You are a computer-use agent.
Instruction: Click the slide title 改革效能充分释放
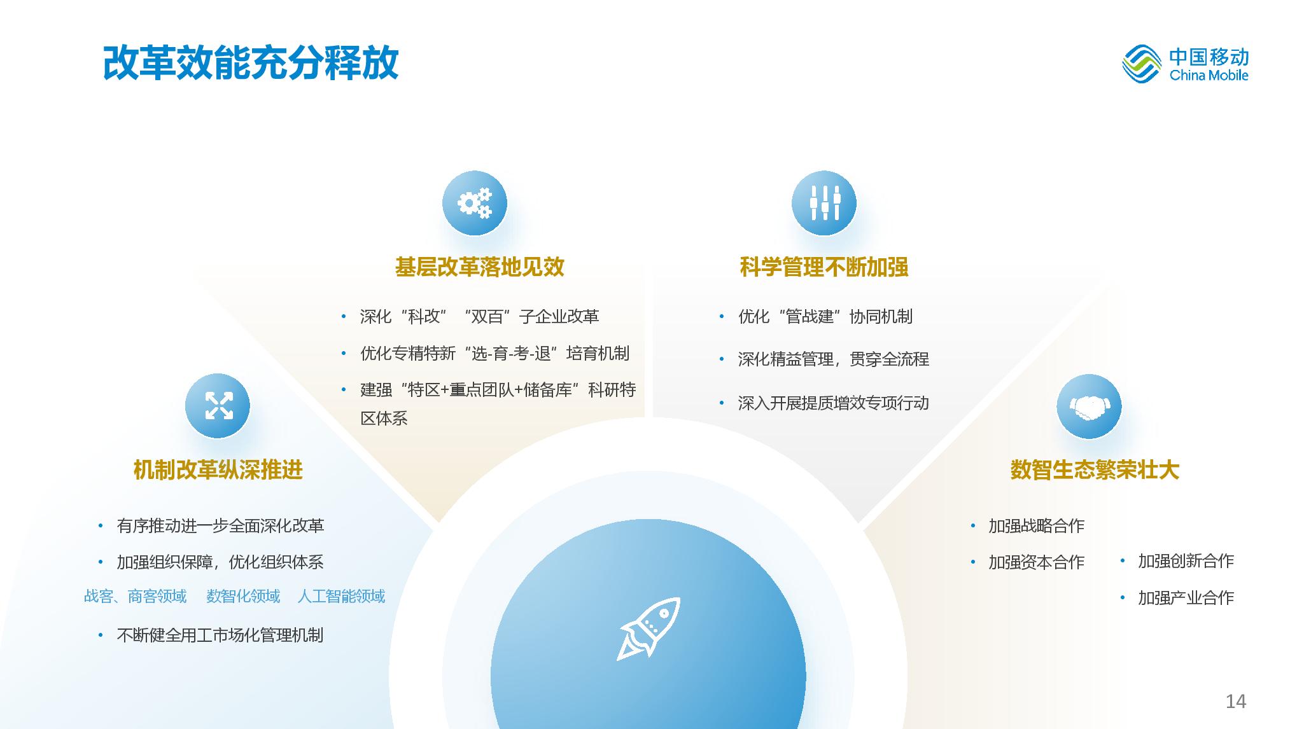point(251,62)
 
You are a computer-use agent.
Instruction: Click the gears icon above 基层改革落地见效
point(475,203)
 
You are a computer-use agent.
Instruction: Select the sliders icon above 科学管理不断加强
point(824,203)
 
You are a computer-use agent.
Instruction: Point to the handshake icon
point(1089,406)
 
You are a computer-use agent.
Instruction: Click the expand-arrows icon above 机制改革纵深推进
point(218,406)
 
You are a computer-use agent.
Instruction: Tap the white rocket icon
point(648,628)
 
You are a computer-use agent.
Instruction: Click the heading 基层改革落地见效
point(480,267)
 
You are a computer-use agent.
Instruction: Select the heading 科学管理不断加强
point(824,267)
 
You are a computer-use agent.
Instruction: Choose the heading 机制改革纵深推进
point(218,470)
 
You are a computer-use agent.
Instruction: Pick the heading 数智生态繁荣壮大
point(1095,470)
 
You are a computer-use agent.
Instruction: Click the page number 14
point(1236,701)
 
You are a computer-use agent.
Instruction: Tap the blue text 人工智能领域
point(342,596)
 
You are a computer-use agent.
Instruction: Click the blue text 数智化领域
point(243,596)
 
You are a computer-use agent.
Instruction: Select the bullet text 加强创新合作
point(1186,561)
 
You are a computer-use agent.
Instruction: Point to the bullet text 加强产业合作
point(1186,598)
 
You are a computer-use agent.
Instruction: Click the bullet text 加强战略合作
point(1037,526)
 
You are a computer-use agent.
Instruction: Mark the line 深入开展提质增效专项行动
point(834,403)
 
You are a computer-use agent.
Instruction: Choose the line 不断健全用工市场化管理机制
point(220,635)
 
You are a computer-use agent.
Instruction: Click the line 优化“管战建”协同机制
point(825,317)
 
